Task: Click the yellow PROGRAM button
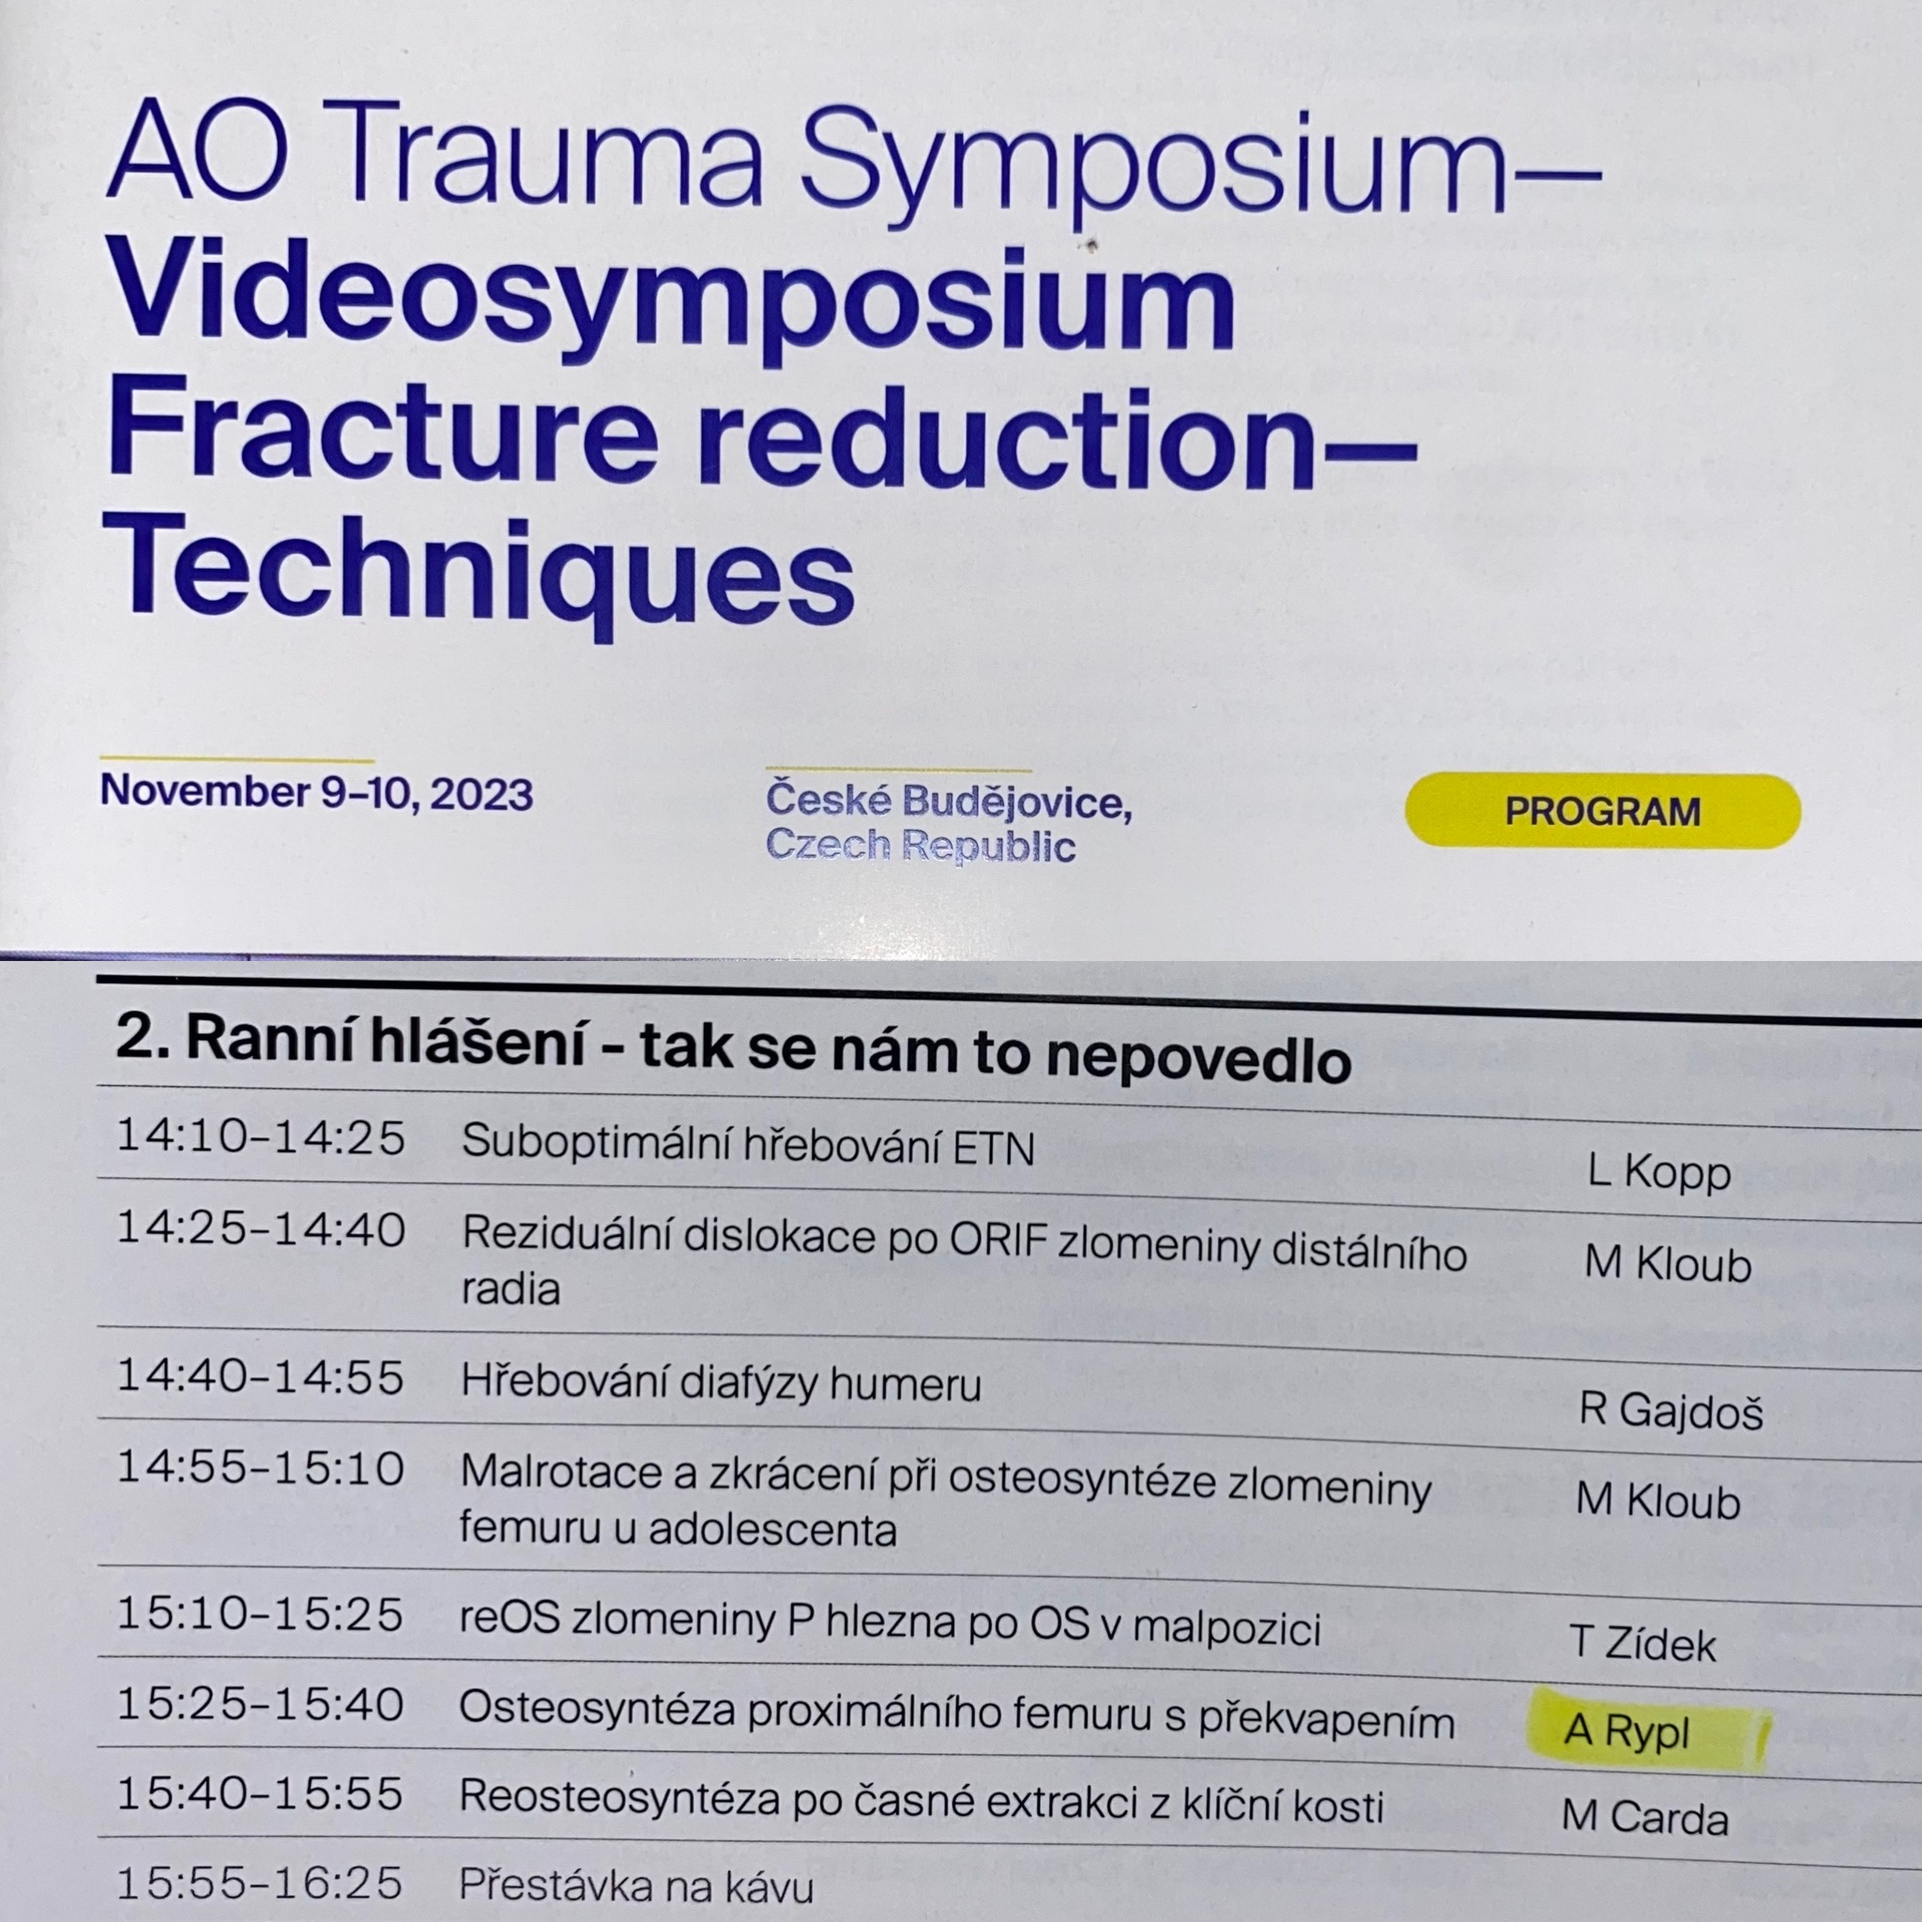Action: [1602, 811]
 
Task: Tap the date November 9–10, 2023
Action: [316, 793]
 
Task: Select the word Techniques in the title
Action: [480, 577]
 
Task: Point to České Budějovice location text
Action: [949, 801]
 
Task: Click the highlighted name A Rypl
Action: [1626, 1732]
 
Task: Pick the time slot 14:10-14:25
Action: [261, 1137]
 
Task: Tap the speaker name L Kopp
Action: [1659, 1174]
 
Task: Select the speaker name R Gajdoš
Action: [1671, 1410]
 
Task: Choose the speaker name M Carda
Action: [1644, 1818]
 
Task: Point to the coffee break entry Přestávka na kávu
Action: [635, 1885]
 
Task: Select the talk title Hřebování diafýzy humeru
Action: [722, 1382]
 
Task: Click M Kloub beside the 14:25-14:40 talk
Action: [1669, 1263]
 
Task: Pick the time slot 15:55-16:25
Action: [260, 1883]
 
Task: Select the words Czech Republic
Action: [921, 846]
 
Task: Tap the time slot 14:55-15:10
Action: [261, 1468]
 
